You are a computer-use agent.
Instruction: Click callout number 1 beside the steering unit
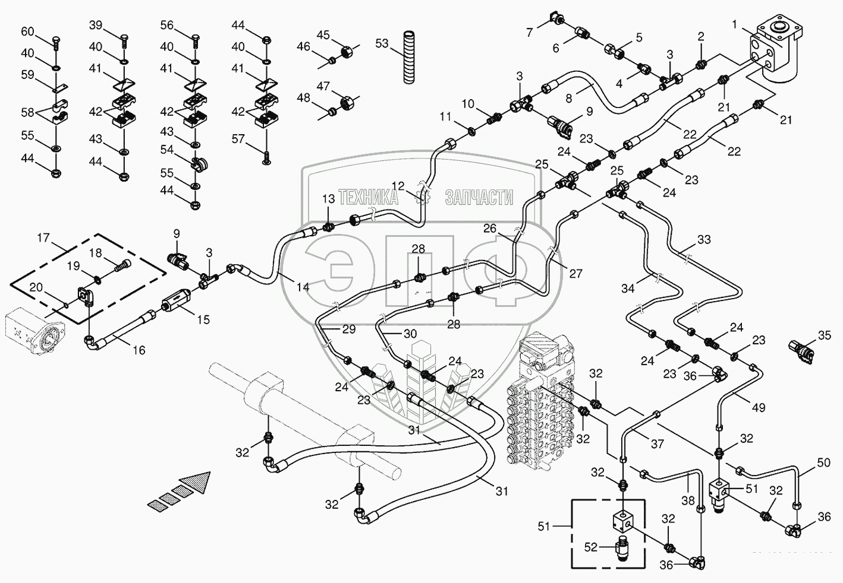(735, 24)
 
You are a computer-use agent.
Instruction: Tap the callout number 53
(382, 43)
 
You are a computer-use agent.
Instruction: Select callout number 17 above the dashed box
(43, 238)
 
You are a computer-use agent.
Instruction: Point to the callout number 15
(203, 319)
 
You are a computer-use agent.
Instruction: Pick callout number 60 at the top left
(28, 31)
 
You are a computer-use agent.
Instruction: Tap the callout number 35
(824, 335)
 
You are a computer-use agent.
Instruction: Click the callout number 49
(758, 407)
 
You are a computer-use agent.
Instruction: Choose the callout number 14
(303, 287)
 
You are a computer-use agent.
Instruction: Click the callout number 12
(398, 185)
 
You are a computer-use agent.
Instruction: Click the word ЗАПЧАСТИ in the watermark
(479, 198)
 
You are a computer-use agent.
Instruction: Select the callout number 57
(238, 139)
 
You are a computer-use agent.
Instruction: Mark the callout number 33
(704, 240)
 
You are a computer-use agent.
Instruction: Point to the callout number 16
(139, 350)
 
